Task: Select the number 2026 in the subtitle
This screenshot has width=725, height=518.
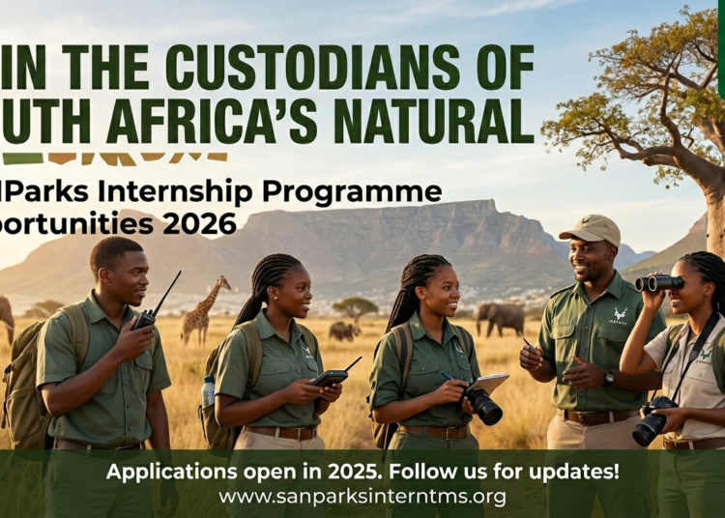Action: point(199,224)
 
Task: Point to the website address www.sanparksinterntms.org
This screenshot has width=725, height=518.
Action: point(362,497)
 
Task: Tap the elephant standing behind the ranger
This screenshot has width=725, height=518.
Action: point(501,318)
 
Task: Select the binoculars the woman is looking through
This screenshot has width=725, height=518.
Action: point(659,282)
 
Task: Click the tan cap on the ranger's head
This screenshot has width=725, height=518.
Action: point(591,229)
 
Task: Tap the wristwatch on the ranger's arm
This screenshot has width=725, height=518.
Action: point(609,376)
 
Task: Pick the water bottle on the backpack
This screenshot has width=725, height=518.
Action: point(208,390)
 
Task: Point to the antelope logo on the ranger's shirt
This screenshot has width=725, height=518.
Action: point(620,315)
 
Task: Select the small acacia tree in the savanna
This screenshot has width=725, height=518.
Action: point(356,307)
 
